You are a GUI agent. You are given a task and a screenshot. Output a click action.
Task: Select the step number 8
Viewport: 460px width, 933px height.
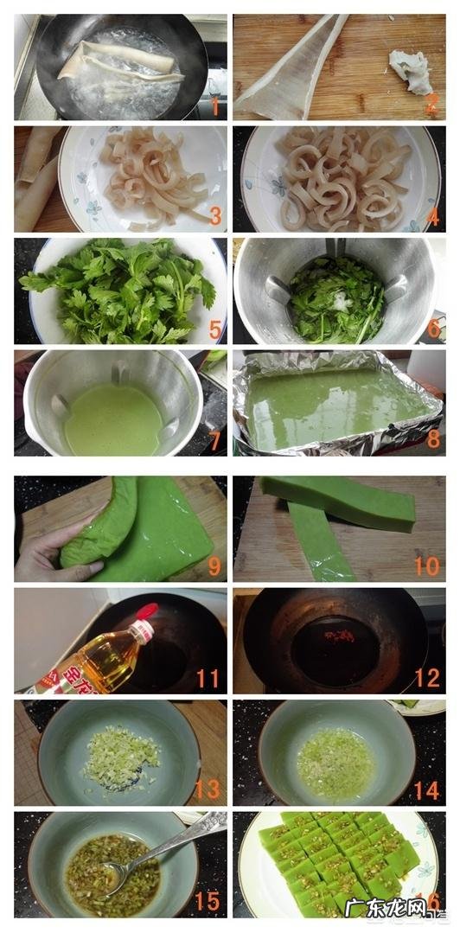[432, 439]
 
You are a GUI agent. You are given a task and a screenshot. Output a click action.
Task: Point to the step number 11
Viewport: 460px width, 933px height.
[208, 678]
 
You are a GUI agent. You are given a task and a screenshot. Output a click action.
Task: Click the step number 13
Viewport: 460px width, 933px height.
[208, 790]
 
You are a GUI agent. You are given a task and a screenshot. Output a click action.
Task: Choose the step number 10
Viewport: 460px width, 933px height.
[426, 566]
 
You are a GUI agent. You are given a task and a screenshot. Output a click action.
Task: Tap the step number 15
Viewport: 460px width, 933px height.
[208, 901]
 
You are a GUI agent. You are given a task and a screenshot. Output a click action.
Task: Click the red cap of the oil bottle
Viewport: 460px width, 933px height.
[148, 612]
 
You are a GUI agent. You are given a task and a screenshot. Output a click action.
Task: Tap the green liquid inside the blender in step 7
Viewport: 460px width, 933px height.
[112, 419]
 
